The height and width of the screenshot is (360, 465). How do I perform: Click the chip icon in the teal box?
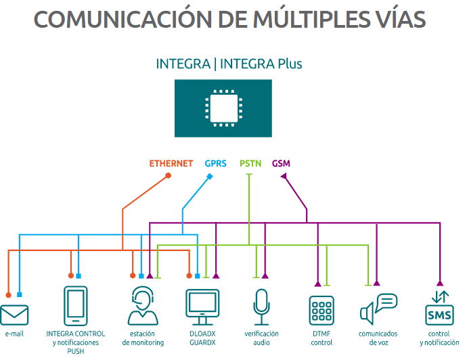223,108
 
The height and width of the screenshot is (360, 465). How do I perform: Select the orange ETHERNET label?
171,164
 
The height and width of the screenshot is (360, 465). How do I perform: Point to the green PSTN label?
251,164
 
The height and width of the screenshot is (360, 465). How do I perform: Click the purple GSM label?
281,164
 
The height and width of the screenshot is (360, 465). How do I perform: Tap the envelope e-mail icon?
14,315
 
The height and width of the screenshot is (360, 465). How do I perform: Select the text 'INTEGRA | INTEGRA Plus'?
229,64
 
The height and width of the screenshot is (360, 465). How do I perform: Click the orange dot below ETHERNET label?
169,176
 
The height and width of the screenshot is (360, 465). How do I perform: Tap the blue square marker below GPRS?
210,177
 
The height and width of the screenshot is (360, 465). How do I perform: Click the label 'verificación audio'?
261,338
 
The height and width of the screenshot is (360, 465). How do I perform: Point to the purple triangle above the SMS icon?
439,283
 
